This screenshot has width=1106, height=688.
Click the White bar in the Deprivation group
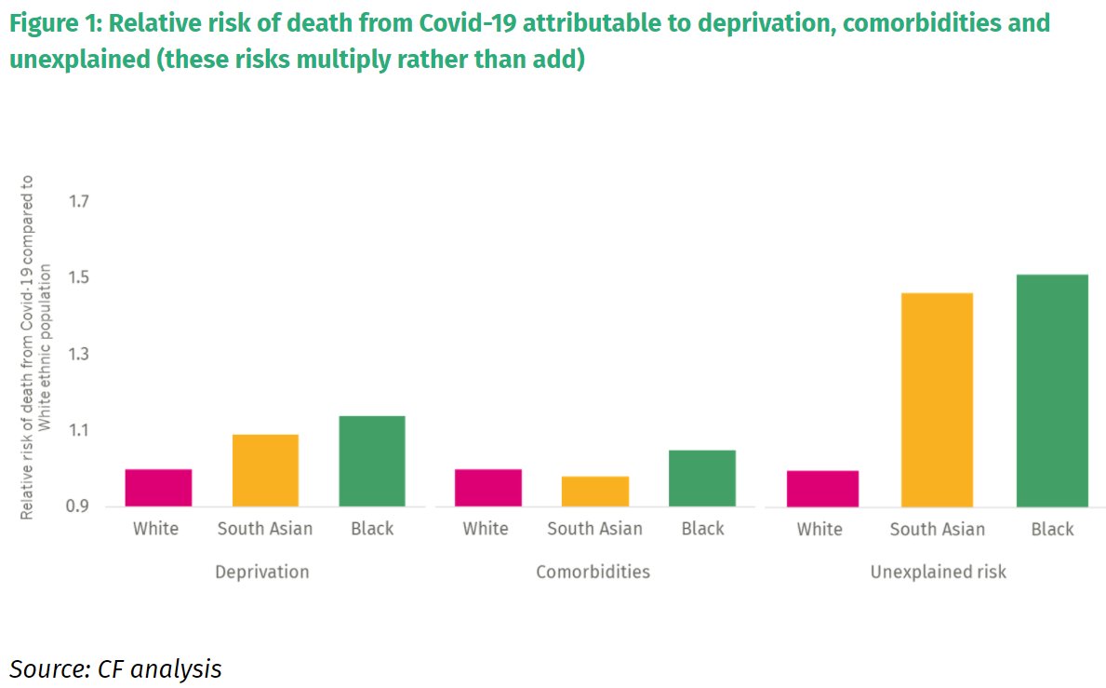point(158,488)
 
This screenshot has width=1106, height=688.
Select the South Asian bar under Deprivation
point(265,470)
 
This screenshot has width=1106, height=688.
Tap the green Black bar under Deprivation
point(371,461)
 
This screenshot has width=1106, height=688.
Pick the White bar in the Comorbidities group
point(488,488)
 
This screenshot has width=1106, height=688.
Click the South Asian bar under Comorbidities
point(595,492)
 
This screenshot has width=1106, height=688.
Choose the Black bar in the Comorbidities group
point(702,479)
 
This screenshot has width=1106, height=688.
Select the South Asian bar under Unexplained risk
point(937,400)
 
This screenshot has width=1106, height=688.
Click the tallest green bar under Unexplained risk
point(1052,391)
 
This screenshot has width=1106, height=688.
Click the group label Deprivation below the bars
point(261,572)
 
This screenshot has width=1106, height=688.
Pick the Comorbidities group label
point(593,572)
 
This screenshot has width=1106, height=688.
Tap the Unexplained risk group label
point(938,572)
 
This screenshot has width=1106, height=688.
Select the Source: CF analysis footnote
point(115,668)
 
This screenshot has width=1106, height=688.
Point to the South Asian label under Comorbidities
point(594,529)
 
